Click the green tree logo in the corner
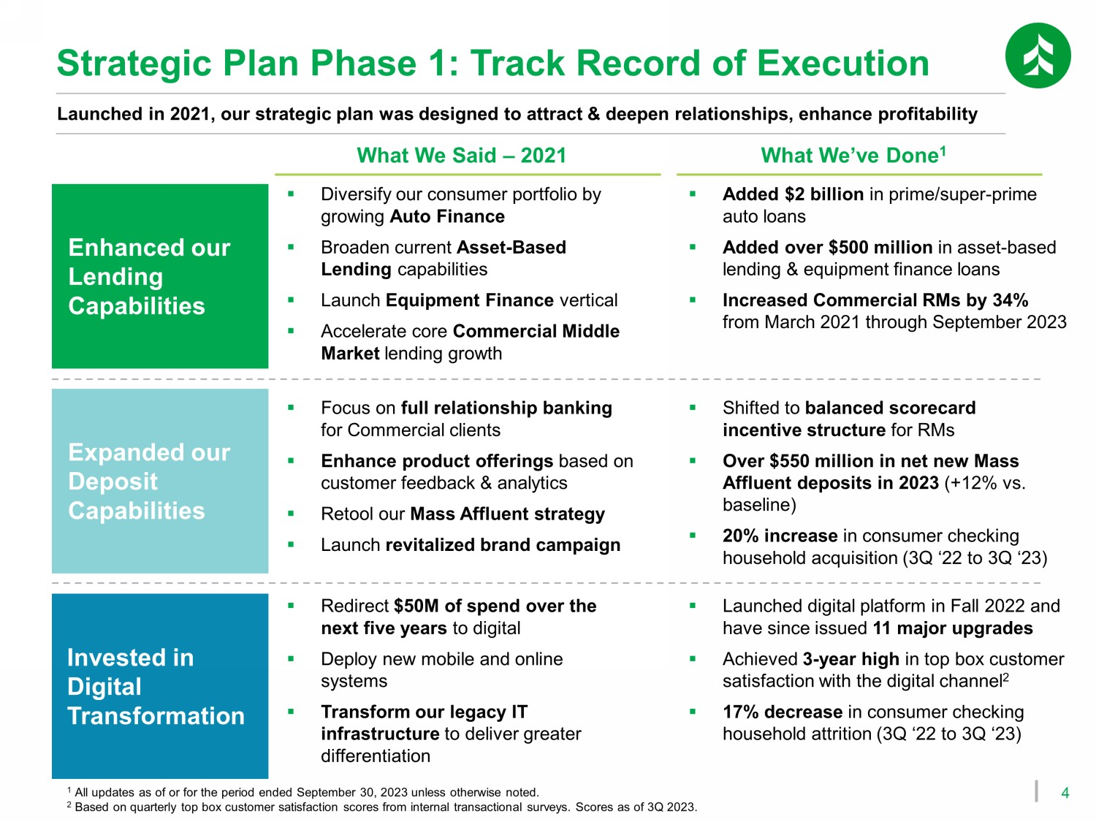(x=1038, y=56)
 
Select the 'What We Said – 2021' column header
(x=461, y=155)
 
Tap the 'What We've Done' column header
(x=853, y=155)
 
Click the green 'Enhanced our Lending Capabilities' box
(x=160, y=276)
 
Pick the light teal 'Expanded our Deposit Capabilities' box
(x=160, y=481)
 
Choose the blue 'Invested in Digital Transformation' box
(x=160, y=686)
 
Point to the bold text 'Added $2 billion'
(x=793, y=194)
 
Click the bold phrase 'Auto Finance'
(x=447, y=216)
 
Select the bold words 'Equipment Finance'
(x=470, y=300)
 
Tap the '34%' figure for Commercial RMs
(x=1011, y=300)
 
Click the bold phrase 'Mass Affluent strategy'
(x=507, y=514)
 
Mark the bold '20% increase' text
(x=780, y=536)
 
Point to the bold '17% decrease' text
(x=783, y=712)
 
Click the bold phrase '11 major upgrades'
(x=953, y=628)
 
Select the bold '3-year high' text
(x=850, y=659)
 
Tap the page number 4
(x=1065, y=793)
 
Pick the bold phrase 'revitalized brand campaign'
(x=503, y=545)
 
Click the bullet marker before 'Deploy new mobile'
(x=291, y=659)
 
